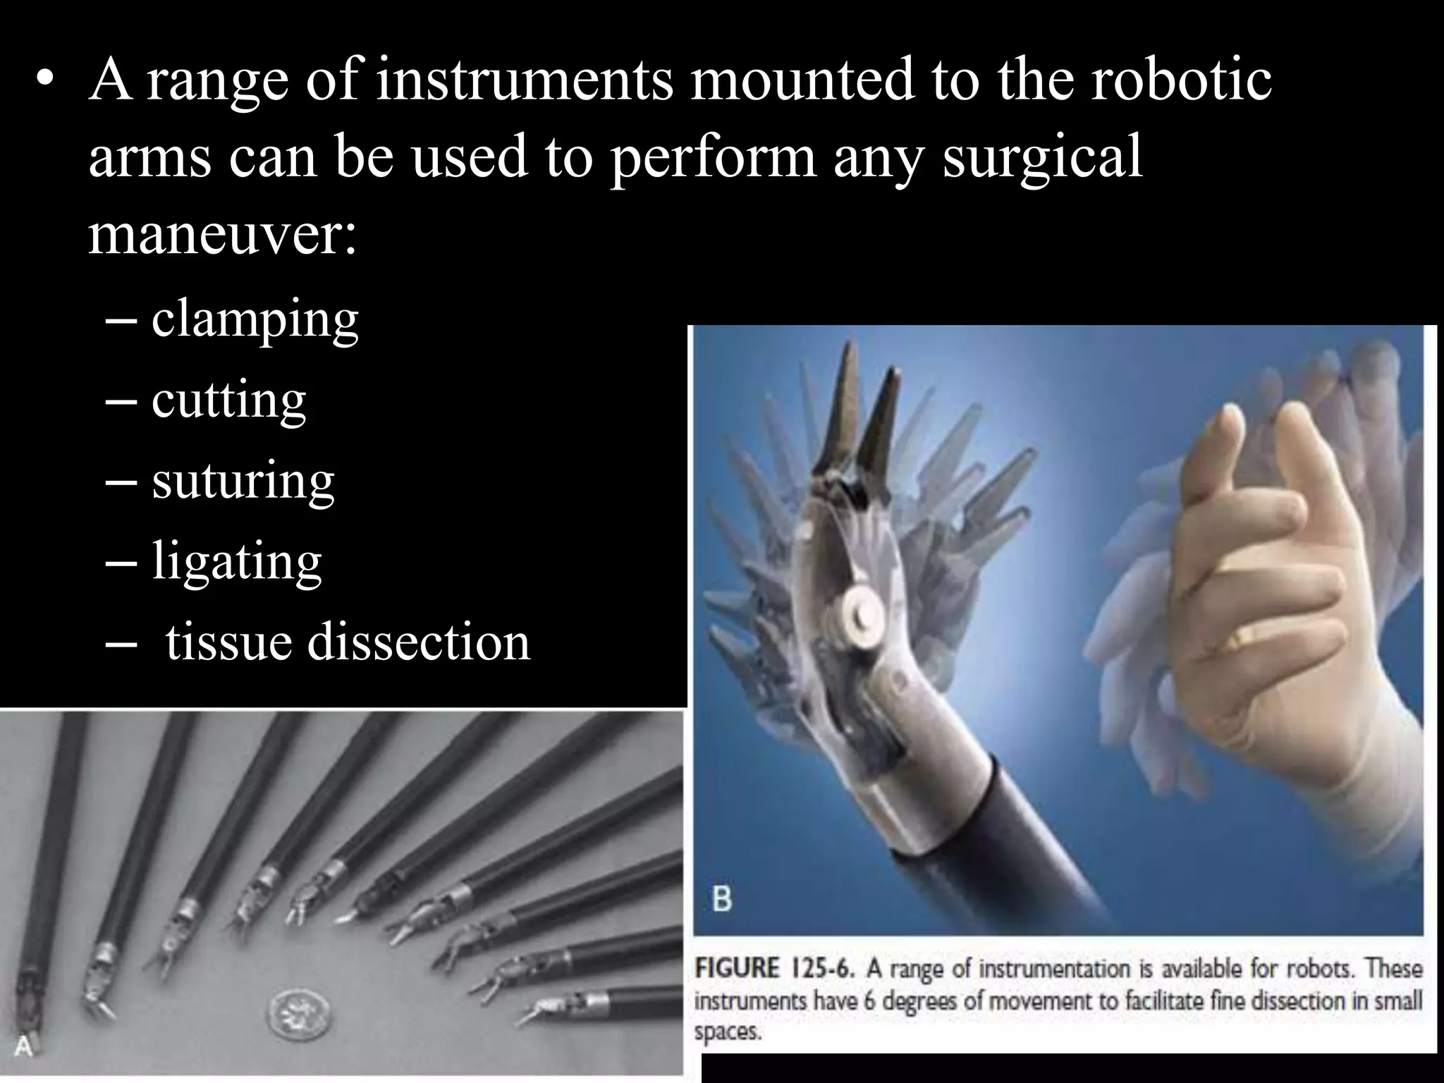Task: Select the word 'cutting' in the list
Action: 228,401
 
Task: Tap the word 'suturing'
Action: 243,482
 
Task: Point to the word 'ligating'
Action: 237,562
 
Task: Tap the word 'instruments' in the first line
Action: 525,79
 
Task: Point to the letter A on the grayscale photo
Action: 23,1047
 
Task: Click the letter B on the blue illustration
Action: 722,900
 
